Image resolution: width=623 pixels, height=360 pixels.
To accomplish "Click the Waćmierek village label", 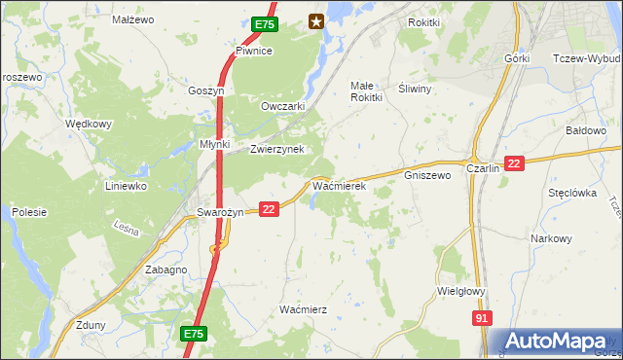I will click(x=338, y=185).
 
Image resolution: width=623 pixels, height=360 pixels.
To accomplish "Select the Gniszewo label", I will click(x=426, y=176).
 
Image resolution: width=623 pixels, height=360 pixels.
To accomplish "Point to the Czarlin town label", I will click(x=483, y=167).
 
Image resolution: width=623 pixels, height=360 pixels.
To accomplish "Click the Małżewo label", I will click(x=133, y=18).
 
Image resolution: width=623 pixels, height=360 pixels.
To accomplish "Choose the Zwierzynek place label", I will click(x=277, y=149).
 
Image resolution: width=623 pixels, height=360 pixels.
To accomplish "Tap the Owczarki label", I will click(x=284, y=106).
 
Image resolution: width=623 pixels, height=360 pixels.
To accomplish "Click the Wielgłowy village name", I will click(x=461, y=290).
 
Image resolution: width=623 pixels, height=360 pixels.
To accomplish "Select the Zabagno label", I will click(x=165, y=270).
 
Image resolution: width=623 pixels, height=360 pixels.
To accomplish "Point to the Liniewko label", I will click(x=125, y=185).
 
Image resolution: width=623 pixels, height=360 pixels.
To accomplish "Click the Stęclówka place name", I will click(x=571, y=193).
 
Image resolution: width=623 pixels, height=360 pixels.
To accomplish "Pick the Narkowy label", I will click(x=551, y=238).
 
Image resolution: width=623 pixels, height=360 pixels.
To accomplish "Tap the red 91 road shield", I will click(x=482, y=318).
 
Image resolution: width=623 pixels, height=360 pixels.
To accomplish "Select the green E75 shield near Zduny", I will click(x=193, y=334).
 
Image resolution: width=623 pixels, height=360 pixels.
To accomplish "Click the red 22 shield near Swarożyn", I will click(x=270, y=208).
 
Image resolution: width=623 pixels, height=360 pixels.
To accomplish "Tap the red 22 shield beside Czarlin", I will click(x=515, y=163).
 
